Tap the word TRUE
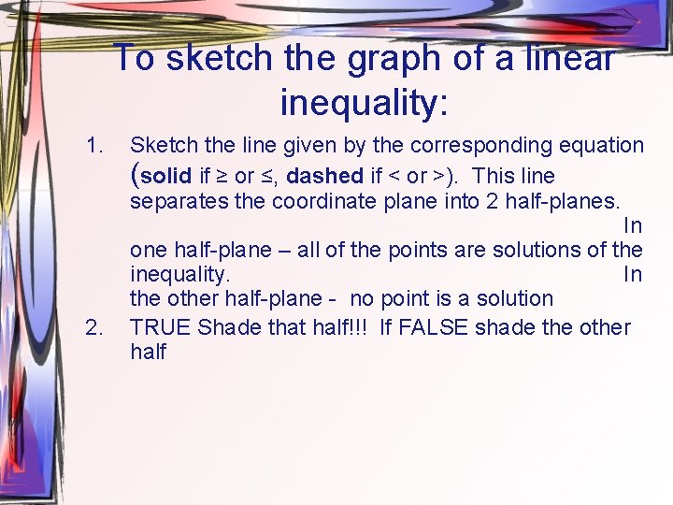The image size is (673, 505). click(161, 328)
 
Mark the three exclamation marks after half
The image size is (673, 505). click(360, 328)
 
